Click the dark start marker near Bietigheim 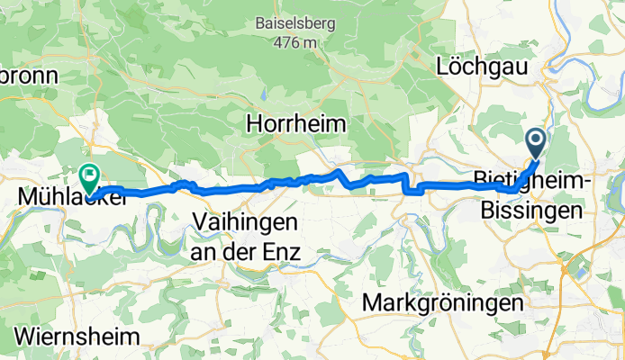(535, 140)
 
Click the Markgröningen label (442, 303)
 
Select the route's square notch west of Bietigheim (414, 188)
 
